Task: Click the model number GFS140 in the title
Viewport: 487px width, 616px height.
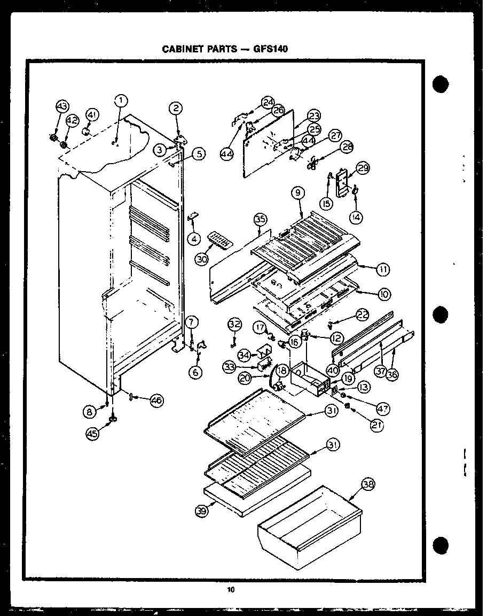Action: coord(270,49)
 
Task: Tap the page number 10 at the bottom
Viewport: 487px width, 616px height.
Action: coord(230,590)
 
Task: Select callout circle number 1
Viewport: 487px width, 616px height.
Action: coord(122,100)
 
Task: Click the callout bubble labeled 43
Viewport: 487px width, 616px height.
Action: coord(62,107)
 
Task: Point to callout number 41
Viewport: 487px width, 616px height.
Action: coord(92,114)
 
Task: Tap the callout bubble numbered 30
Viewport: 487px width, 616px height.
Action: coord(201,259)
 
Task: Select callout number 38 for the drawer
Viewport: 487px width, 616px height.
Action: coord(368,486)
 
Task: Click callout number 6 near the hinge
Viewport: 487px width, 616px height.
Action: coord(196,372)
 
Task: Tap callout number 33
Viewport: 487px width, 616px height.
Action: coord(230,367)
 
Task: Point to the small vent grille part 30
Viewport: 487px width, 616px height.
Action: coord(221,239)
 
